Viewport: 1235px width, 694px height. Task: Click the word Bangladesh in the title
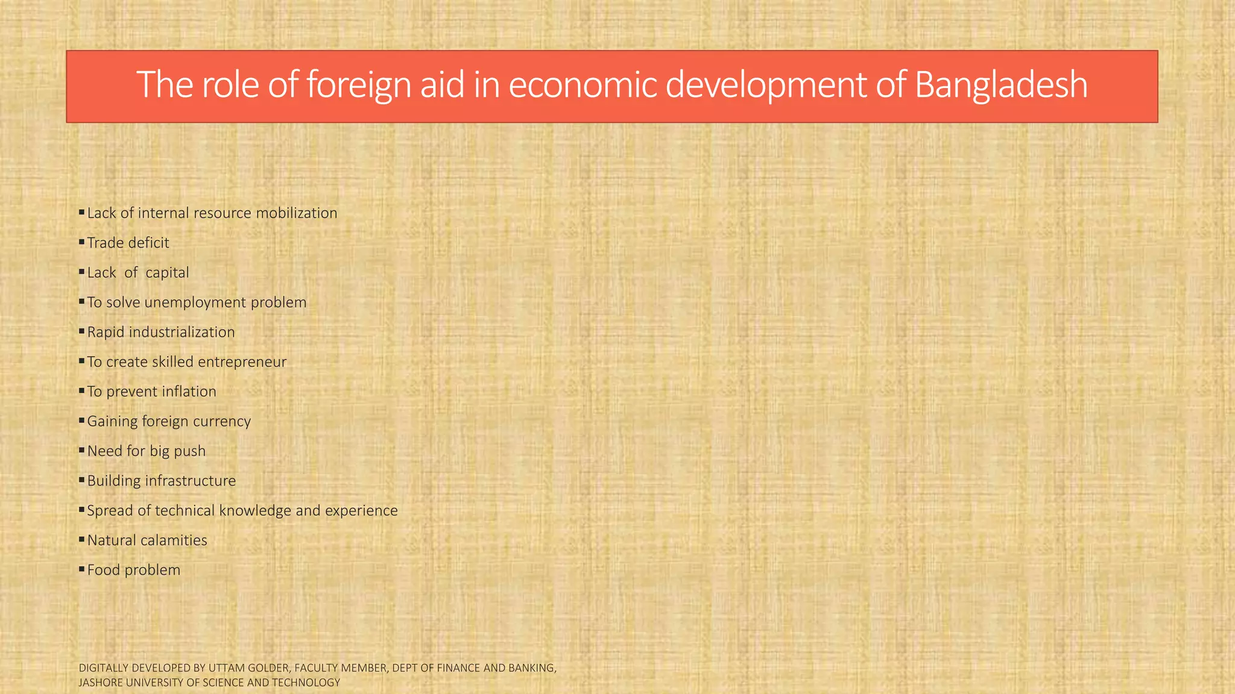click(1000, 85)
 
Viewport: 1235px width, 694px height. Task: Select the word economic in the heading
click(582, 85)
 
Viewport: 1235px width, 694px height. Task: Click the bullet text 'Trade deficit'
click(128, 243)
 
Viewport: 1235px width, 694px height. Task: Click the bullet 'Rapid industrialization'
click(161, 332)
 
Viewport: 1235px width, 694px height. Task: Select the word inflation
click(189, 392)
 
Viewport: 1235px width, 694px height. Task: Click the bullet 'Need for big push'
click(146, 451)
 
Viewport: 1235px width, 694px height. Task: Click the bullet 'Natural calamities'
click(147, 540)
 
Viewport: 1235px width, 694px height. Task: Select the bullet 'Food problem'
click(133, 570)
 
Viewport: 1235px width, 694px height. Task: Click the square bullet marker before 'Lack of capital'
click(81, 272)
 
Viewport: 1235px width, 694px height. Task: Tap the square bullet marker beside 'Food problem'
click(81, 569)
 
